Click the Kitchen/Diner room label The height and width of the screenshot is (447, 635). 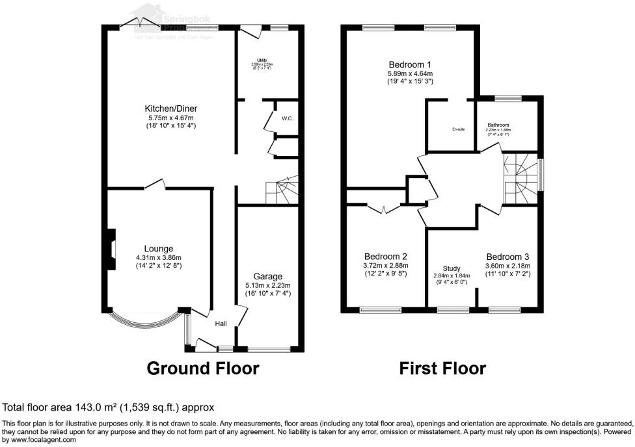pos(171,109)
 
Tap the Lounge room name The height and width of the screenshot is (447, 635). pos(159,248)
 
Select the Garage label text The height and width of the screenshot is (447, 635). pos(268,276)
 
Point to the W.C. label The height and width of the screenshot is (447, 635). pos(288,119)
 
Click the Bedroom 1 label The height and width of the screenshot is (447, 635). pos(410,64)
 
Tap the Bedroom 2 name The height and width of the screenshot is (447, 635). pos(386,256)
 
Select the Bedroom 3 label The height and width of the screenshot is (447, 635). pos(507,256)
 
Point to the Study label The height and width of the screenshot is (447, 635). pos(452,268)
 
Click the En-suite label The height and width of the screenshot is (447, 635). pos(459,129)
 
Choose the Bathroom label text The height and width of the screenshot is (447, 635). pos(498,125)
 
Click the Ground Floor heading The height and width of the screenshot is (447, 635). pos(203,368)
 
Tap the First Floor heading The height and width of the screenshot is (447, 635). pos(442,368)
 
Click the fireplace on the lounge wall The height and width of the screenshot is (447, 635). pos(112,249)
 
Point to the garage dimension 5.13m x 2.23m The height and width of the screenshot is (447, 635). pos(268,285)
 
